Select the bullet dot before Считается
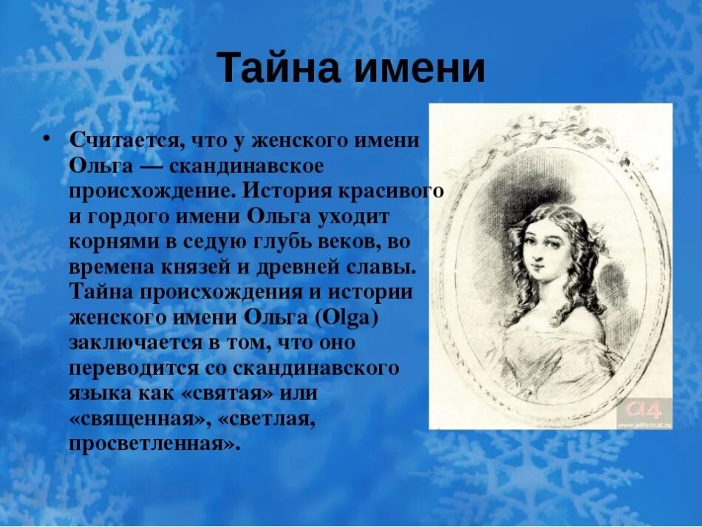tap(46, 138)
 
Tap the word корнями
tap(110, 242)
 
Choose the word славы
tap(369, 268)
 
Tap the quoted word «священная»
tap(137, 420)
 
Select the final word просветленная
tap(154, 445)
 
